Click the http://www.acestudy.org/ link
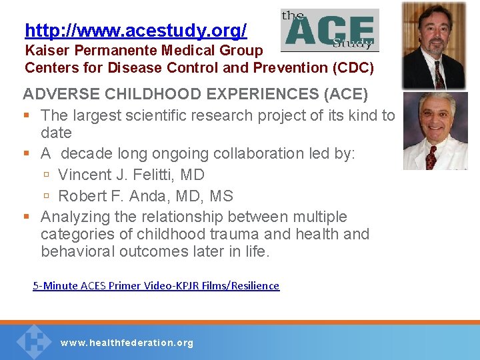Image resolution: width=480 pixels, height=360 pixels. tap(135, 31)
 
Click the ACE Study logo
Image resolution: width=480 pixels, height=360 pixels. tap(329, 30)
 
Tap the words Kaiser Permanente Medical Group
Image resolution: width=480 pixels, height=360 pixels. tap(143, 51)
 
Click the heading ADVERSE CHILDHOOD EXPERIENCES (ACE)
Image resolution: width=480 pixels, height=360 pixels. tap(195, 94)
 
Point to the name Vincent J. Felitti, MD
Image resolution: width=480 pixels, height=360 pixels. tap(131, 175)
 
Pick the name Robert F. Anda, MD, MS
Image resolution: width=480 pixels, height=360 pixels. tap(145, 197)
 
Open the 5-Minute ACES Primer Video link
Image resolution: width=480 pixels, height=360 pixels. tap(156, 286)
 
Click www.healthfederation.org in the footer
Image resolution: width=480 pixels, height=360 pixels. tap(127, 343)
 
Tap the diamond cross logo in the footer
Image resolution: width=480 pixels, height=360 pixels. tap(34, 341)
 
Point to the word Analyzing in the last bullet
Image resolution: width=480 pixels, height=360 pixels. tap(75, 217)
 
